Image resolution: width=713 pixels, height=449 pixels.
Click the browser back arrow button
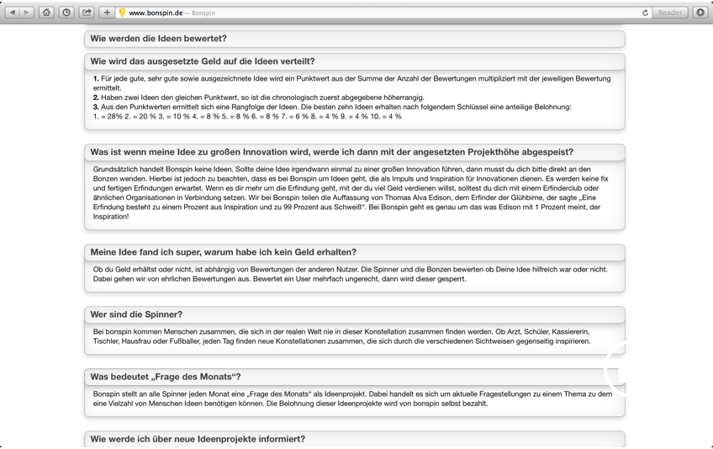13,13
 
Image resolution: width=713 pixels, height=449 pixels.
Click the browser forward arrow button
27,13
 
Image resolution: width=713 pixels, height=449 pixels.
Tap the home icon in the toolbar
47,13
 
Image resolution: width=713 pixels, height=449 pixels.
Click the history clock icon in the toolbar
66,13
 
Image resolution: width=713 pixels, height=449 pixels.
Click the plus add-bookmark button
107,13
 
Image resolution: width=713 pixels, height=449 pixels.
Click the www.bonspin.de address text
156,13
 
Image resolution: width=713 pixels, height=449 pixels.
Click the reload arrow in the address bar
645,13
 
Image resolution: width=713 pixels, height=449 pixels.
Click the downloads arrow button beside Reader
700,13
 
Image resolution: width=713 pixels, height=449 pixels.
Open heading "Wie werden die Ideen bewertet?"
158,39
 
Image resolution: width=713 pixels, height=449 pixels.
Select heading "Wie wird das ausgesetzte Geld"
203,61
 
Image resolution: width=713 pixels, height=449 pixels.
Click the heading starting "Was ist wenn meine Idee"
331,152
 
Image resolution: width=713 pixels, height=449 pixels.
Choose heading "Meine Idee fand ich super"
223,252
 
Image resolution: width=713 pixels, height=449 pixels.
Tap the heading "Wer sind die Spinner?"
136,314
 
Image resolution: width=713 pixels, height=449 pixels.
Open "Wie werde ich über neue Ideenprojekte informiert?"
198,439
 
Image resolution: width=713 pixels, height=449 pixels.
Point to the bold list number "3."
96,107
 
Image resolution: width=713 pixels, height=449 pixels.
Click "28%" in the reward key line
111,116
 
